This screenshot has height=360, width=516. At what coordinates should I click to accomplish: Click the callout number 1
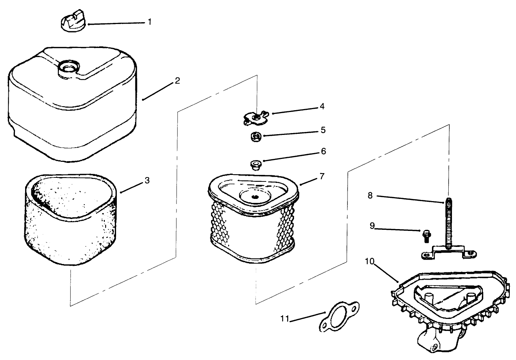tap(149, 22)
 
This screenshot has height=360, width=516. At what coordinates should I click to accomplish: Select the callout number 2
tap(177, 80)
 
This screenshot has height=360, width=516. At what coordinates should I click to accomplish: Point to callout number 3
tap(147, 180)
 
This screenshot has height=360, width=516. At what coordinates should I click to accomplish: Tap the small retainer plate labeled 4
tap(256, 118)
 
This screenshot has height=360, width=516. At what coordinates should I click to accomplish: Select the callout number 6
tap(323, 151)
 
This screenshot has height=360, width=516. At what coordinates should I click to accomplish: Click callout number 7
tap(322, 176)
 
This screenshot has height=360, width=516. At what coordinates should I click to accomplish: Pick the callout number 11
tap(285, 319)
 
